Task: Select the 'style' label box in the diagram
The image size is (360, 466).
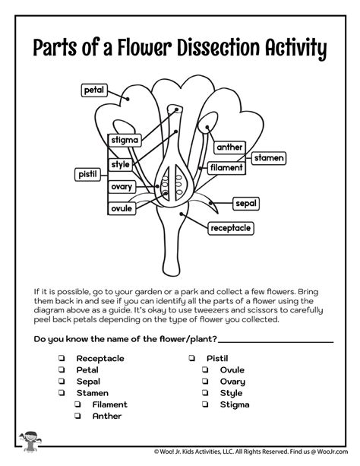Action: tap(121, 164)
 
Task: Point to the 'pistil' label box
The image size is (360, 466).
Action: tap(87, 175)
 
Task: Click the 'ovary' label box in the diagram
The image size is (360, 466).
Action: tap(122, 185)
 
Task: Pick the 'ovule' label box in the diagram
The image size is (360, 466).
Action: tap(122, 208)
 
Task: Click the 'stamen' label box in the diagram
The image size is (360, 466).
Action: tap(268, 157)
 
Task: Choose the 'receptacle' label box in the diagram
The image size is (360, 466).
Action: tap(237, 225)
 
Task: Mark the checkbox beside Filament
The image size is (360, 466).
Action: tap(77, 405)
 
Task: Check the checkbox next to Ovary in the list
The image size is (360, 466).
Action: tap(205, 382)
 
